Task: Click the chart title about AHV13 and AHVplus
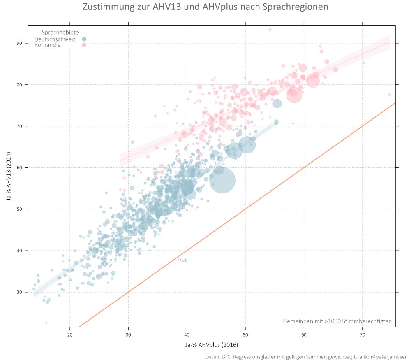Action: [205, 7]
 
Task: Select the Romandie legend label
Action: [47, 45]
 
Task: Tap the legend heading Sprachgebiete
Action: [60, 33]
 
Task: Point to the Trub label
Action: [182, 260]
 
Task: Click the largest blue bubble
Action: [222, 180]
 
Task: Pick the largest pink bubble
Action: [295, 95]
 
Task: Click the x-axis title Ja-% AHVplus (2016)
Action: [212, 345]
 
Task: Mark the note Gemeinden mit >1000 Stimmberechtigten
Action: [337, 321]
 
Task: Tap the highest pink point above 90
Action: [270, 29]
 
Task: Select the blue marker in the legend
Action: [84, 39]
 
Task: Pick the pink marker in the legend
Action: [84, 45]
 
